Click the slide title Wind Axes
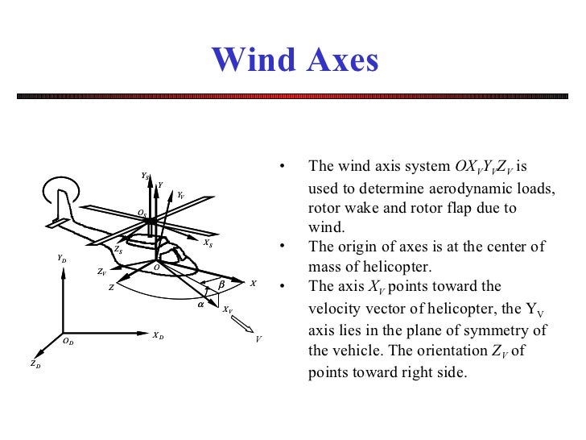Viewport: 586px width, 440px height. [294, 60]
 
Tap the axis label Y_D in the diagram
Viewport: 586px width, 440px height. [62, 259]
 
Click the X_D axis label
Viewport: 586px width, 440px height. [158, 335]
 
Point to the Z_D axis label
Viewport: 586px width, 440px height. [35, 364]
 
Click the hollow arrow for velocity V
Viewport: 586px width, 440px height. [241, 325]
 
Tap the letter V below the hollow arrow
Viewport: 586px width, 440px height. [258, 339]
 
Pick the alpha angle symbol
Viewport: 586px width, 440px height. [200, 305]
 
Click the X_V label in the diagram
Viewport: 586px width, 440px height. [228, 309]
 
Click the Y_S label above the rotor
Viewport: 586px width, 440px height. [144, 175]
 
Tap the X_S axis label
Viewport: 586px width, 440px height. [208, 243]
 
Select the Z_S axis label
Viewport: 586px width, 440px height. [118, 251]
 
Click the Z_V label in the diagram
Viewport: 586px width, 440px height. [101, 272]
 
